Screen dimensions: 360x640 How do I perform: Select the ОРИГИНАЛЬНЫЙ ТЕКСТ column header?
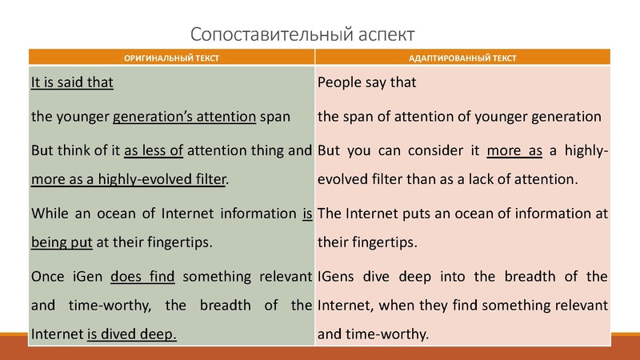point(171,58)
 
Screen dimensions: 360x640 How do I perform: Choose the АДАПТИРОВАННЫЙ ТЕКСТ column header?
point(462,58)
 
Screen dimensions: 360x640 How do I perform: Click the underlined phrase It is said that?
point(72,82)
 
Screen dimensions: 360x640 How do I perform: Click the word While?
point(50,214)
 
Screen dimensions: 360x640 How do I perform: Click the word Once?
point(48,278)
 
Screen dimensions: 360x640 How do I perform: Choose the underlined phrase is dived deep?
point(132,334)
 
